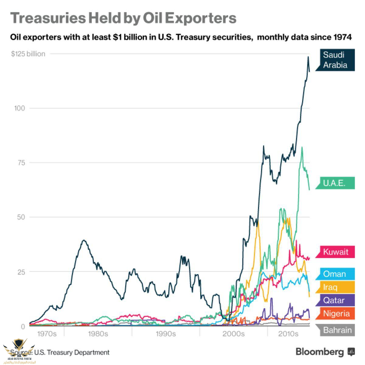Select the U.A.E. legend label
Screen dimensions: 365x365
[x=334, y=183]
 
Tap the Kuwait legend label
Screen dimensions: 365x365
[x=335, y=252]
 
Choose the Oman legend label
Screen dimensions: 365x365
[x=334, y=274]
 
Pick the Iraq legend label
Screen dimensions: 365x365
[x=330, y=287]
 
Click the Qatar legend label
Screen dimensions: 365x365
[x=334, y=300]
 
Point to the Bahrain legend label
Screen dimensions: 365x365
[x=337, y=330]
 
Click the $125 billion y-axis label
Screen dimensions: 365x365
[x=28, y=54]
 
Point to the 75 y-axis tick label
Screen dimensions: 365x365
[x=21, y=163]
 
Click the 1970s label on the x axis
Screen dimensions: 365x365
[x=47, y=334]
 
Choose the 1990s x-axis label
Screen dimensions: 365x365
[x=165, y=334]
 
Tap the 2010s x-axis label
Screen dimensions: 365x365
[x=288, y=334]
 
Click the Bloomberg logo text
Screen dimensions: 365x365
[x=320, y=352]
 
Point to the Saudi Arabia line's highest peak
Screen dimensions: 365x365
[x=308, y=57]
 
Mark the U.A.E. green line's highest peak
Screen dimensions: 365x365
[x=302, y=147]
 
